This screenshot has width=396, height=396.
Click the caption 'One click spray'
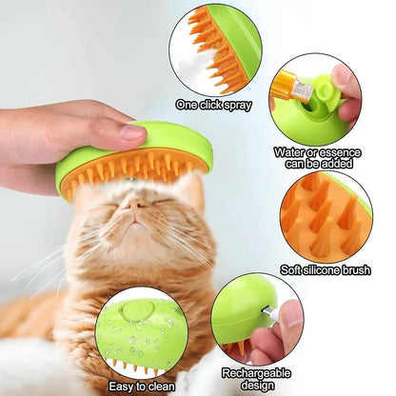pos(213,104)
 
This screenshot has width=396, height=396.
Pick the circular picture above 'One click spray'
pos(214,49)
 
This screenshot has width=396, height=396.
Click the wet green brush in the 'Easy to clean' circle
pos(141,334)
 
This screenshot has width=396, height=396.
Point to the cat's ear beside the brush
pos(191,190)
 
